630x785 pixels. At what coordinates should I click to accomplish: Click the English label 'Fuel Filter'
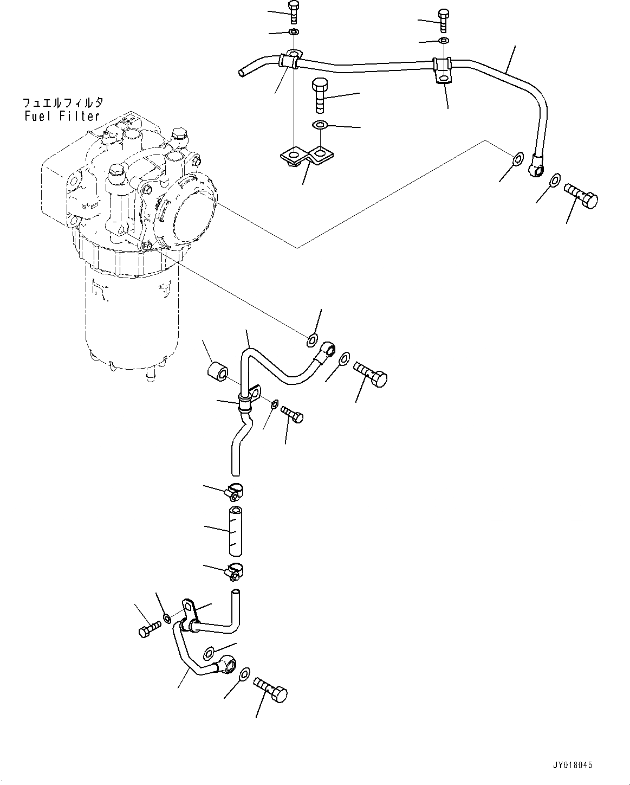(x=62, y=115)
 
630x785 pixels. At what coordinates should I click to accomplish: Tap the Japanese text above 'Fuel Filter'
(x=62, y=102)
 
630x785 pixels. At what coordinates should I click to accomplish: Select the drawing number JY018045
(x=572, y=765)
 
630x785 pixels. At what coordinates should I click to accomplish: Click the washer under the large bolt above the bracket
(x=320, y=126)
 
